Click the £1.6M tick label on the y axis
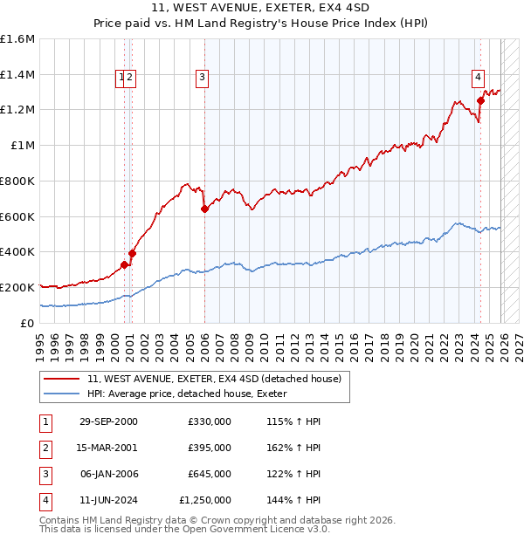click(17, 39)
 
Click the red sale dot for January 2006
click(204, 209)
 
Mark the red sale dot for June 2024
click(480, 101)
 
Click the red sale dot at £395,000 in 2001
click(132, 253)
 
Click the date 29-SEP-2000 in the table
click(107, 421)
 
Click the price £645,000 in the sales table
click(210, 474)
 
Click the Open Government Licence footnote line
click(184, 529)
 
